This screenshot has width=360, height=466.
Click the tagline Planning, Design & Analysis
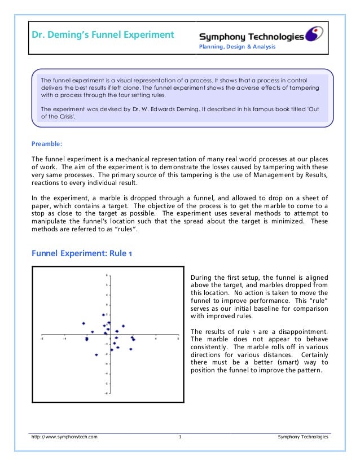[236, 47]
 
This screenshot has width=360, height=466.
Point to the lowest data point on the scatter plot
[96, 355]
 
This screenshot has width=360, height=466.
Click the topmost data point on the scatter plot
[103, 315]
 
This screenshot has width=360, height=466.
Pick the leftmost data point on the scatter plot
[83, 323]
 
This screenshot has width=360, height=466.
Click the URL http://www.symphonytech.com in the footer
[64, 437]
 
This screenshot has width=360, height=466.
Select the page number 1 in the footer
[179, 437]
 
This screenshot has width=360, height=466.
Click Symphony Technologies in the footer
[303, 437]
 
